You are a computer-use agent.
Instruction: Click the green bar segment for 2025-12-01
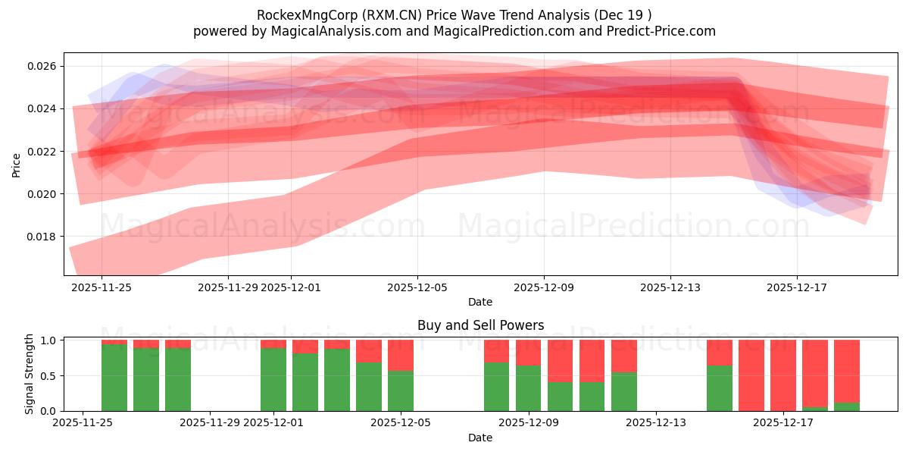[273, 379]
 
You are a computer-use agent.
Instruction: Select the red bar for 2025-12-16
[751, 375]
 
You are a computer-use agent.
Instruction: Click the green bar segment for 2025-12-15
[720, 388]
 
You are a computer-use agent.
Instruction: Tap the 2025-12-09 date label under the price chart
[544, 288]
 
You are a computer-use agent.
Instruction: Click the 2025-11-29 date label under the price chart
[228, 288]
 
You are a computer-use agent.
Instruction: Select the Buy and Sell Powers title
[480, 325]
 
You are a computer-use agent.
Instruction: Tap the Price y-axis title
[17, 165]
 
